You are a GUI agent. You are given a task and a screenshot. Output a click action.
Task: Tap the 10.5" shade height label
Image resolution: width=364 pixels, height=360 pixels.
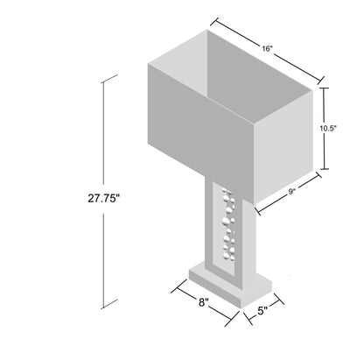(x=328, y=128)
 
